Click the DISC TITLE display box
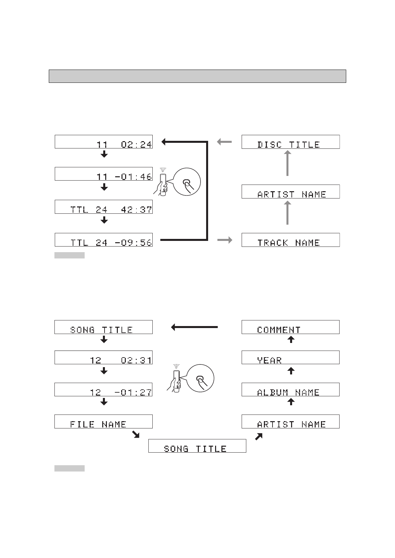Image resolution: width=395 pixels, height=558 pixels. click(x=290, y=142)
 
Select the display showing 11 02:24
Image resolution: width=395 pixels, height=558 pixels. click(x=104, y=142)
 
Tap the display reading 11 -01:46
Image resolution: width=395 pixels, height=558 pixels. click(x=104, y=174)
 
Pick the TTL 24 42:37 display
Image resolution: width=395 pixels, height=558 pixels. click(x=104, y=207)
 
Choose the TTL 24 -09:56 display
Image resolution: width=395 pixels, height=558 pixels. click(x=104, y=240)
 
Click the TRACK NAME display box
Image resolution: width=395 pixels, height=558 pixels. click(x=290, y=240)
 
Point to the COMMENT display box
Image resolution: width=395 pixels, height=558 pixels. click(x=290, y=327)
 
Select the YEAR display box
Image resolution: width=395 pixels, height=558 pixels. click(x=290, y=358)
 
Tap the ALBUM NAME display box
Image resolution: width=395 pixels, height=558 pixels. click(x=290, y=390)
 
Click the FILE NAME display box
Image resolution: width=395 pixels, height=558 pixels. click(x=104, y=421)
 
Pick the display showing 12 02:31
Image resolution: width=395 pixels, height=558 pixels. click(x=104, y=358)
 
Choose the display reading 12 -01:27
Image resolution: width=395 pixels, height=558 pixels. click(x=104, y=390)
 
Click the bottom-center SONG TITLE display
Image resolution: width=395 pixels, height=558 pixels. click(x=197, y=446)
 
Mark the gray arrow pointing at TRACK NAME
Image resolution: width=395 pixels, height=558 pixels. click(x=225, y=240)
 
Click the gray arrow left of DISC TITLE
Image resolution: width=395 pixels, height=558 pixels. click(x=224, y=142)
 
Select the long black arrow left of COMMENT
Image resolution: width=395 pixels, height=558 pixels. click(x=194, y=327)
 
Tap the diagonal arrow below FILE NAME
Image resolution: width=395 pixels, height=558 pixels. click(x=135, y=434)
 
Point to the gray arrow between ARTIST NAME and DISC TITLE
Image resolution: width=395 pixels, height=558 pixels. click(x=287, y=163)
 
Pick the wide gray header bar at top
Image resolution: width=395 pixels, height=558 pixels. click(x=197, y=76)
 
